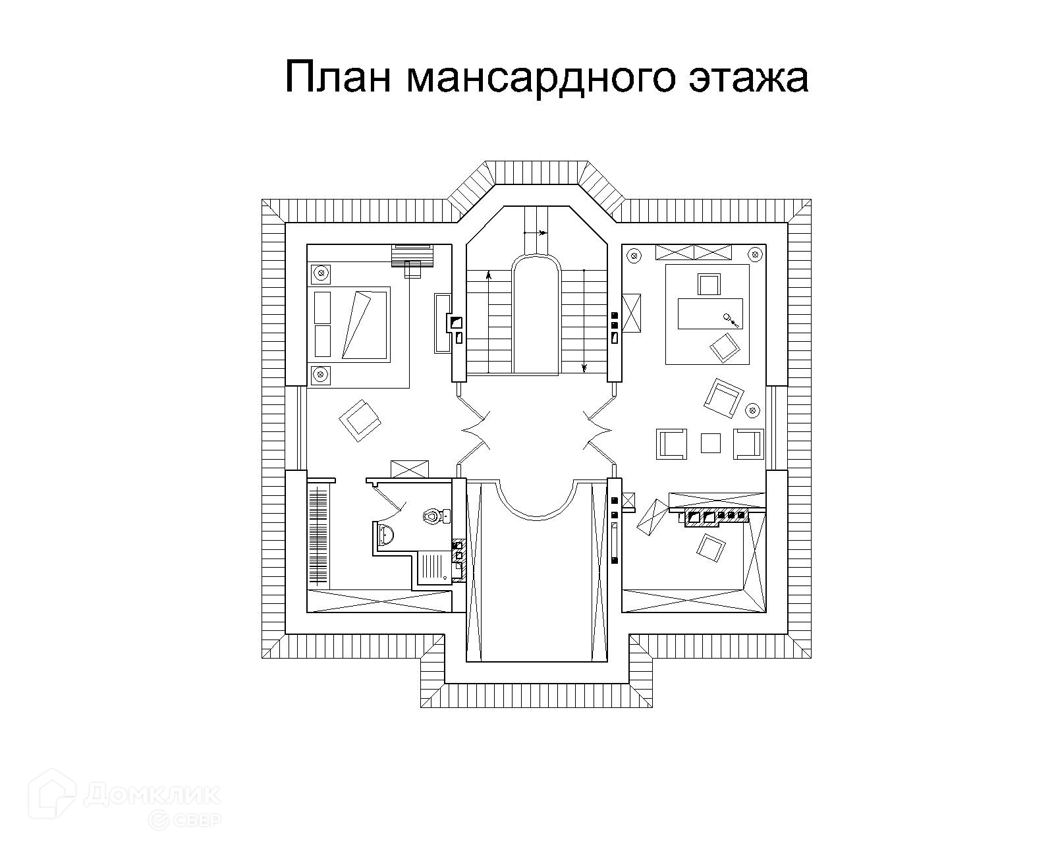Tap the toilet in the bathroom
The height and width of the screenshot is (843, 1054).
[x=433, y=515]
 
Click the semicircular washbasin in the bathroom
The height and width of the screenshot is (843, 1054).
[x=385, y=536]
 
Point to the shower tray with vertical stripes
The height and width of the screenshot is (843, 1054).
[x=432, y=568]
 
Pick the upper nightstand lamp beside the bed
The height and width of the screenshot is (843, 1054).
[x=321, y=271]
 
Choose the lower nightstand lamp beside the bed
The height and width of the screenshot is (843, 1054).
[x=321, y=375]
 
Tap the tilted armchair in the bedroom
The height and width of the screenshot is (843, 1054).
[x=360, y=420]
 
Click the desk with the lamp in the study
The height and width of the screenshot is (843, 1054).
[x=711, y=313]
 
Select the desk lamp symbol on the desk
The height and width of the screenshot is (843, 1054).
[x=731, y=319]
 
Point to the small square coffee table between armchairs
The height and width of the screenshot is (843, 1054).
[x=710, y=443]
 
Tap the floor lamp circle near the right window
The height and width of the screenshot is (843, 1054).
[x=752, y=410]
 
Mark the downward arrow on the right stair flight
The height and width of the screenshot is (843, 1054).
[x=583, y=367]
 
